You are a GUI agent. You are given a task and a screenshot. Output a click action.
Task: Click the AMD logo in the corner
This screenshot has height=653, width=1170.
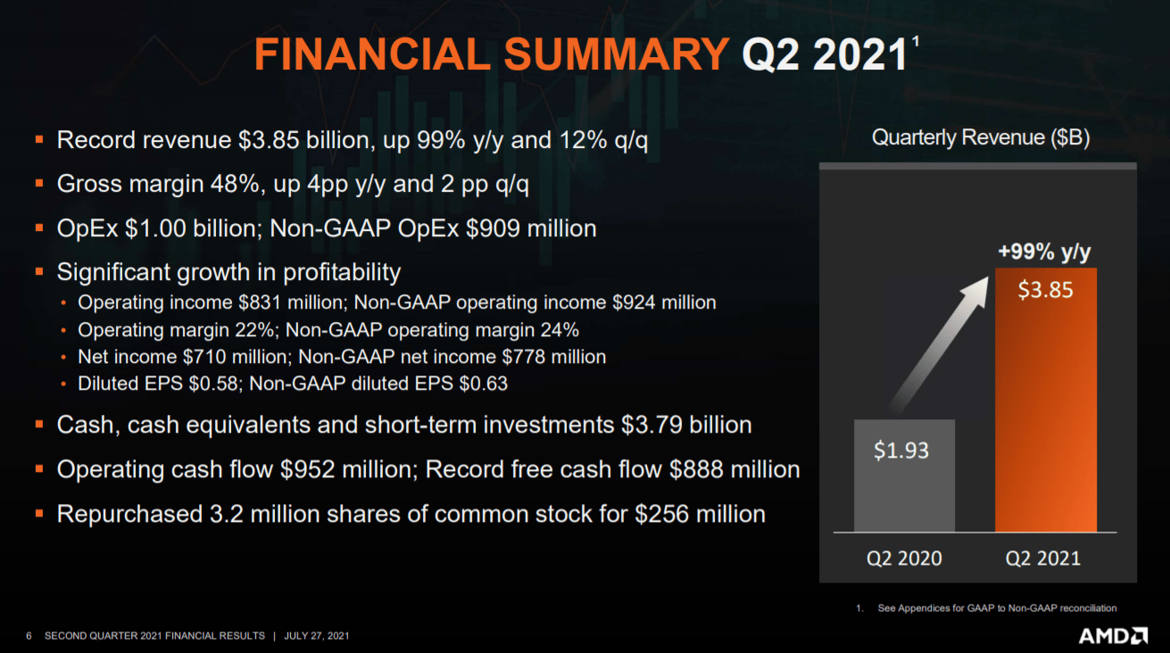(x=1113, y=635)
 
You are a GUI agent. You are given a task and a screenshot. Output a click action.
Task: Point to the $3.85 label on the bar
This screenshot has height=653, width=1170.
(x=1046, y=291)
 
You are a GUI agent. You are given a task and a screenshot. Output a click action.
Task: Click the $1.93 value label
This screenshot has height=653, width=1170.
(x=901, y=450)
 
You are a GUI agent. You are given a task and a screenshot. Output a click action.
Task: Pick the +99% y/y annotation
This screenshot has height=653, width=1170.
(x=1044, y=252)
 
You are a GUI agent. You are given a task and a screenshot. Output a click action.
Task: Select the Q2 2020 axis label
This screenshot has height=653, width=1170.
(x=904, y=558)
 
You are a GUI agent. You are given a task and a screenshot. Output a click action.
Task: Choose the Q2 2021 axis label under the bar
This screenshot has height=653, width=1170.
(x=1043, y=558)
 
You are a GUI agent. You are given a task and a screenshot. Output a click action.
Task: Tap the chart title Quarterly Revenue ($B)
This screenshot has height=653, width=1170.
(x=981, y=138)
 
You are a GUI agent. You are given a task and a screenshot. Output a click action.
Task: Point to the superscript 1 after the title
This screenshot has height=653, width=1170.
(x=914, y=41)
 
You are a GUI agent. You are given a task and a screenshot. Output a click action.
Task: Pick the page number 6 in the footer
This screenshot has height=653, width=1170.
(x=29, y=636)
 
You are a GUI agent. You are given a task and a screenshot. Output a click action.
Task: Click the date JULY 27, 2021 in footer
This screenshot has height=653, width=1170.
(x=317, y=636)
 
